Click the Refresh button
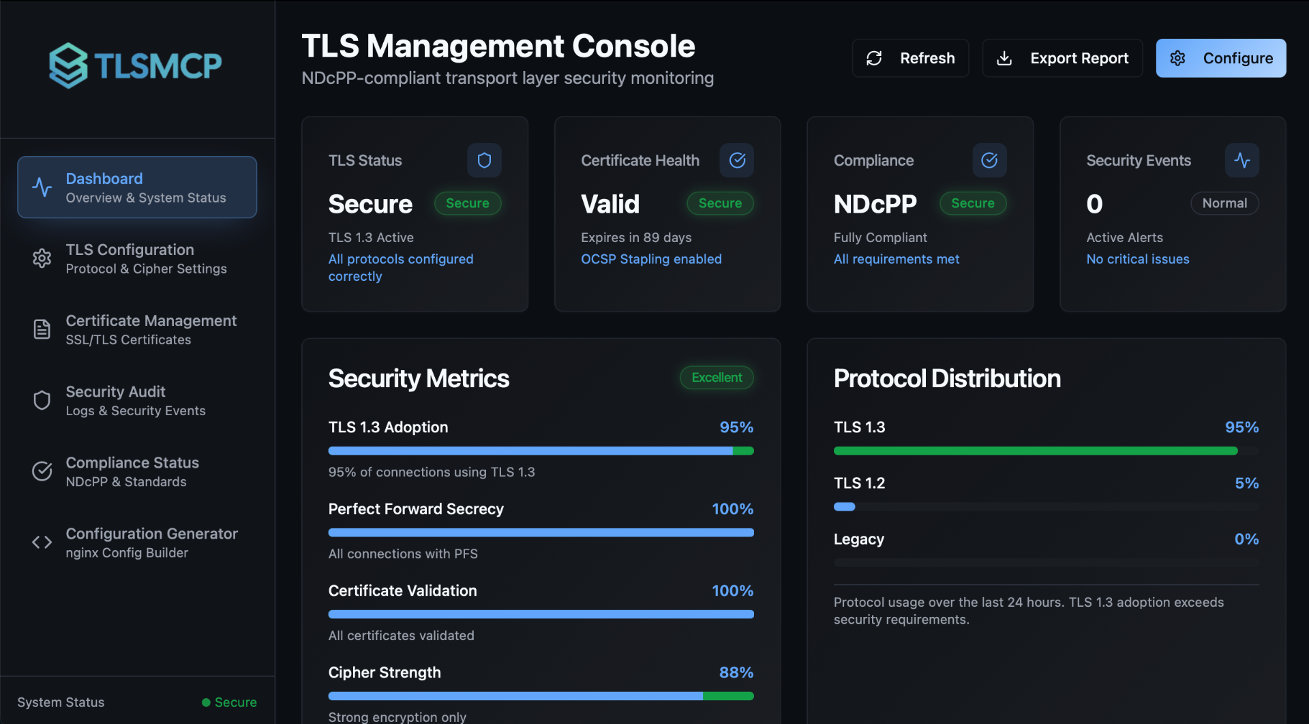pyautogui.click(x=910, y=58)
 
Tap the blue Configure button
pyautogui.click(x=1220, y=58)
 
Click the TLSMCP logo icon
pyautogui.click(x=68, y=65)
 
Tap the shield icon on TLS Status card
pyautogui.click(x=484, y=160)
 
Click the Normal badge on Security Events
pyautogui.click(x=1224, y=203)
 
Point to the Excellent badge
pyautogui.click(x=717, y=378)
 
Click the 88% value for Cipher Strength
pyautogui.click(x=736, y=672)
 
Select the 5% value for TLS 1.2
pyautogui.click(x=1247, y=483)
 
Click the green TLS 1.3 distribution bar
pyautogui.click(x=1035, y=451)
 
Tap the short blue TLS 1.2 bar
pyautogui.click(x=844, y=507)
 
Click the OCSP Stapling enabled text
pyautogui.click(x=651, y=259)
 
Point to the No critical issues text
pyautogui.click(x=1138, y=259)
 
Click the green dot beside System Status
pyautogui.click(x=206, y=702)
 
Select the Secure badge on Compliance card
pyautogui.click(x=973, y=203)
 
